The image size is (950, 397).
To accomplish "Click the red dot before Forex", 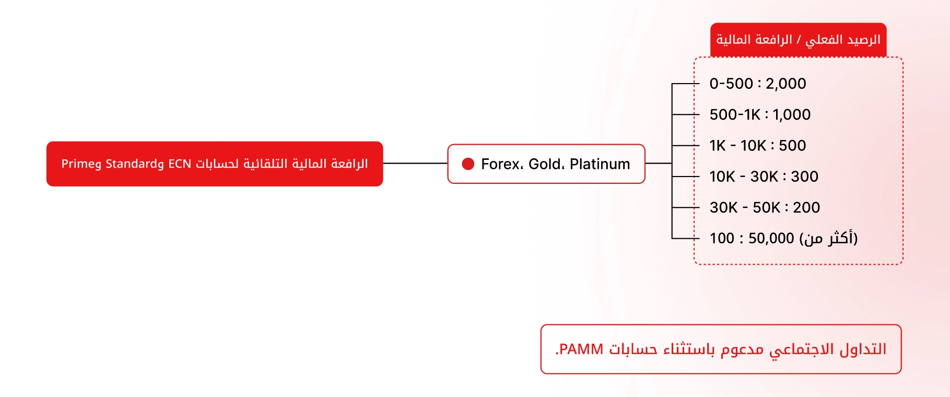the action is coord(468,164).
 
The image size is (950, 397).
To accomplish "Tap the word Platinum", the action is coord(600,164).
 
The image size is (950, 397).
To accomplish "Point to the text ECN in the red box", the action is coord(180,164).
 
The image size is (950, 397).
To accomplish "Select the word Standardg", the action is coord(135,164).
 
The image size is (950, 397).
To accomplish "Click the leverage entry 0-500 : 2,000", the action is coord(758,84).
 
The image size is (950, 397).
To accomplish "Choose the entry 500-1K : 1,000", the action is coord(760,114).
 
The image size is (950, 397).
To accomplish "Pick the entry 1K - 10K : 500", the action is coord(758,145).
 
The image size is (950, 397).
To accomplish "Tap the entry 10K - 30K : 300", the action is coord(764,177).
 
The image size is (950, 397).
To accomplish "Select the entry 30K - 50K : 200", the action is coord(765,207).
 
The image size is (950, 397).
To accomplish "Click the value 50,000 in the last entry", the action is coord(771,238).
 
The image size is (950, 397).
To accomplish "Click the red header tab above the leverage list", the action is coord(798,40).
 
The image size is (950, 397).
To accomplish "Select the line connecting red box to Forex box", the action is coord(415,164).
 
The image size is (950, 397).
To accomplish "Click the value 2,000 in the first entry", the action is coord(785,84).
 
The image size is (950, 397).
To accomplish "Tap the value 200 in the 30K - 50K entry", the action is coord(806,207).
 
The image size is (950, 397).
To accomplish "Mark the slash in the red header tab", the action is coord(798,40).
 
